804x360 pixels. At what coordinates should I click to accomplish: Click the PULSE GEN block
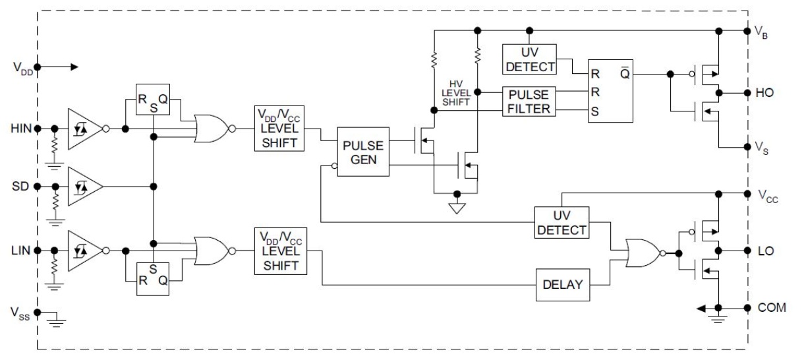pos(363,152)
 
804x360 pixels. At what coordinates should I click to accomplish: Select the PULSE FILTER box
pos(529,102)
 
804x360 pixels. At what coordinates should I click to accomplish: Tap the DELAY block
pos(563,285)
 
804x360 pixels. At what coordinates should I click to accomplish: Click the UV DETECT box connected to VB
pos(529,59)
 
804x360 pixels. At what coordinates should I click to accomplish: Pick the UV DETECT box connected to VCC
pos(561,222)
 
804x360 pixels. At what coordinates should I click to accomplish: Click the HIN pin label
pos(21,129)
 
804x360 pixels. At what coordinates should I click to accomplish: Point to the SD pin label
pos(20,186)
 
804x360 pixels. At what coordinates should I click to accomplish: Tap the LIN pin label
pos(21,251)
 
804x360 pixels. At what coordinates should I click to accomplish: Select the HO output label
pos(764,93)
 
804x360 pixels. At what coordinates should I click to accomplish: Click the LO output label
pos(766,251)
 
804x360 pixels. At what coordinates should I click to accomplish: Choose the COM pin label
pos(772,307)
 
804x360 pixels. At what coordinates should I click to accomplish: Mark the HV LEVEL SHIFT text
pos(456,93)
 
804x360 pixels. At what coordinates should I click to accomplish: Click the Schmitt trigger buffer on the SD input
pos(85,186)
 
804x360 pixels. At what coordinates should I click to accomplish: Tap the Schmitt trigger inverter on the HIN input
pos(88,129)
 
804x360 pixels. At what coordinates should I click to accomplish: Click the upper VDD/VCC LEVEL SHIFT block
pos(279,129)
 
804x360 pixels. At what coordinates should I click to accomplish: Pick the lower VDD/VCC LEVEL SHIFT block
pos(281,251)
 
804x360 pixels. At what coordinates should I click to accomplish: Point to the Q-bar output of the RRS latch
pos(625,73)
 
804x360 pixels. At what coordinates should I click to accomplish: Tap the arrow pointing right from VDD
pos(58,67)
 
